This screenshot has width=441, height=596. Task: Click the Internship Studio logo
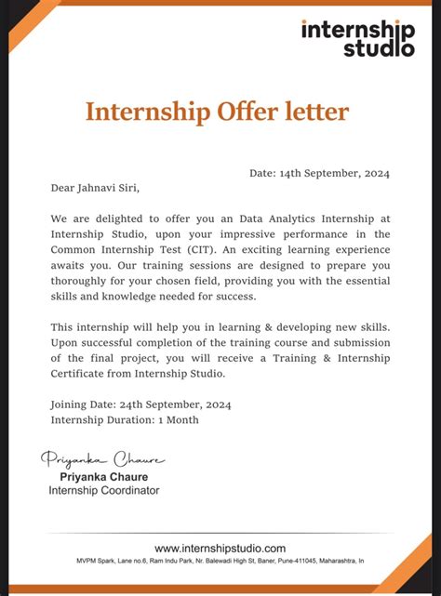coord(357,38)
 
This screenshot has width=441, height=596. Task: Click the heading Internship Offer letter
coord(217,112)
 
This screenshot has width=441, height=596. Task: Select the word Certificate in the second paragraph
coord(84,374)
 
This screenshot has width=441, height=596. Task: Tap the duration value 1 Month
coord(177,419)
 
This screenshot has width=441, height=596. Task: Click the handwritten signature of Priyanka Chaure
coord(102,459)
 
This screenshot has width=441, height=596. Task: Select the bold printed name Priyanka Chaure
coord(103,476)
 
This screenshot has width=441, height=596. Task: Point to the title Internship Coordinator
coord(103,490)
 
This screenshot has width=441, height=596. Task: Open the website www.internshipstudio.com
coord(220,549)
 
